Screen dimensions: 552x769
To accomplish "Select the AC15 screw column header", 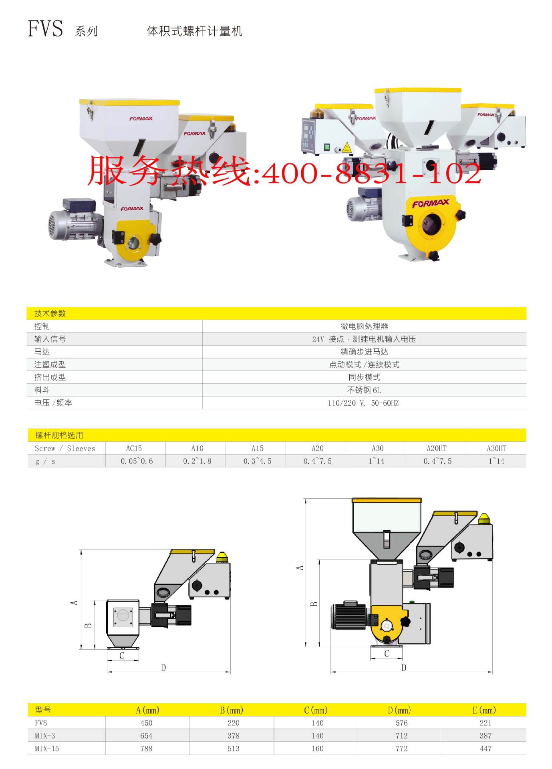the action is [134, 448].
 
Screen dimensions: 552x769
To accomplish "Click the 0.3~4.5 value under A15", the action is [257, 461].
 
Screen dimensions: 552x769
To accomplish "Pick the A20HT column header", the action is [436, 448].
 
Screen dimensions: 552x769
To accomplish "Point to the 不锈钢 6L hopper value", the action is [364, 390].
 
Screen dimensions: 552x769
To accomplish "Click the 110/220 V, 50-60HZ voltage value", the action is [363, 403].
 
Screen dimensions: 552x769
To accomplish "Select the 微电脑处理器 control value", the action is [364, 326].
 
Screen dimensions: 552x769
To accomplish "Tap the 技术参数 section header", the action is [50, 313].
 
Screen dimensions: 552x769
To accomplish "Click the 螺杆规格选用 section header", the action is [59, 435].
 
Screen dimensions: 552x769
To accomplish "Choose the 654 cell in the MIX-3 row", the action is [146, 736].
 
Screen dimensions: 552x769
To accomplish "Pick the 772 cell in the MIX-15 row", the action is [401, 749].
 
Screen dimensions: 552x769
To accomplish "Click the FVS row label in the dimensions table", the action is [41, 723].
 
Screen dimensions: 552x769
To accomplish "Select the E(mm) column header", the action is [484, 710].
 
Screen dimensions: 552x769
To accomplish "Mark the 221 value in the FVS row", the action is [485, 723].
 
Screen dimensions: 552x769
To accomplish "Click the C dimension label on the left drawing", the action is [122, 656].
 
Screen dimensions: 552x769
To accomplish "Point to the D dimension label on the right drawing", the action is [404, 667].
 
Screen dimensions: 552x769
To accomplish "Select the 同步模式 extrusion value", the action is [364, 377].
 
